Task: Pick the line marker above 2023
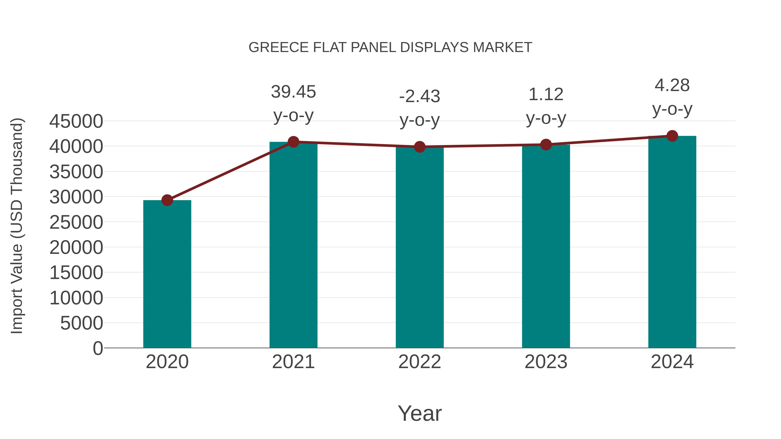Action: click(x=546, y=145)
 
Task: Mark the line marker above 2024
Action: click(x=672, y=136)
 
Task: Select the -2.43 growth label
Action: click(x=420, y=97)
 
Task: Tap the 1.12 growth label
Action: click(x=546, y=95)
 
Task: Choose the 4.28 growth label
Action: click(x=672, y=85)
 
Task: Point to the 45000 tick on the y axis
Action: click(x=76, y=121)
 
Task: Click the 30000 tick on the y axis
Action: click(x=76, y=197)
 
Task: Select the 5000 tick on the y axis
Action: click(x=82, y=323)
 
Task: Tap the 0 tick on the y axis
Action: click(x=98, y=348)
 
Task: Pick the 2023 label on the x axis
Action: click(x=546, y=362)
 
